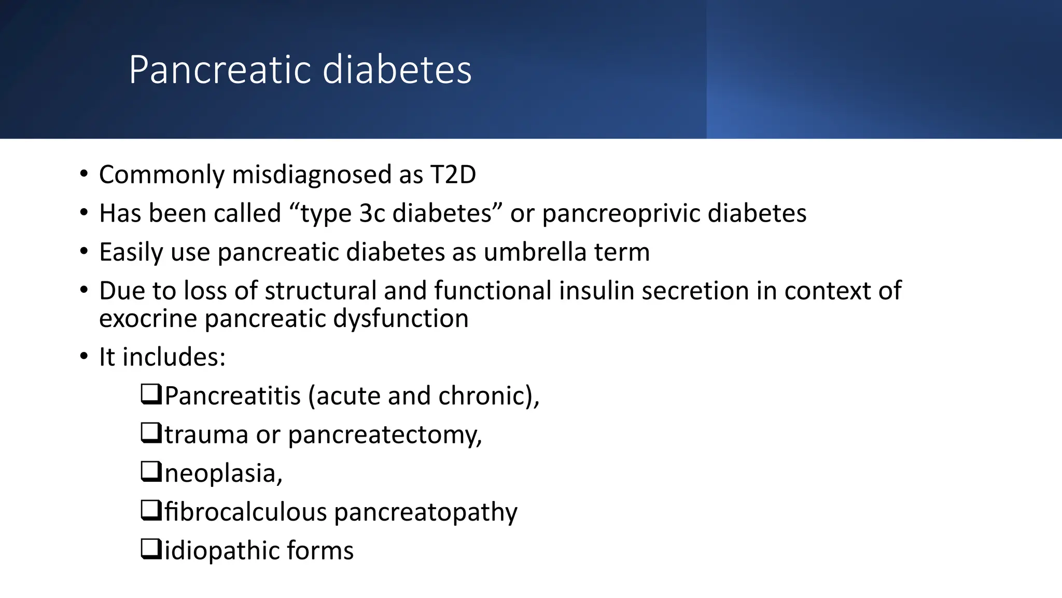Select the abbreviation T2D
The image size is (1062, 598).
(x=453, y=174)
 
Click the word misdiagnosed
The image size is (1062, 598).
(x=312, y=174)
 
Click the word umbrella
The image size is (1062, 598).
(x=535, y=252)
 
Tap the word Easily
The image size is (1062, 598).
(x=131, y=252)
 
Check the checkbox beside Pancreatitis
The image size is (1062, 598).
(x=151, y=395)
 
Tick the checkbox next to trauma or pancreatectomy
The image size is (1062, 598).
(x=151, y=433)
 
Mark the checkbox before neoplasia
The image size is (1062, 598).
(x=151, y=472)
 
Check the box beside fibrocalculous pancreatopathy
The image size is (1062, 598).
(x=151, y=511)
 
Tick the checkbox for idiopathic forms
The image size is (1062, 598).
(x=151, y=549)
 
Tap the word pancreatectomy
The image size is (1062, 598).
(x=385, y=434)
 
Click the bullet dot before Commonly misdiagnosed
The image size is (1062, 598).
(x=84, y=174)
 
